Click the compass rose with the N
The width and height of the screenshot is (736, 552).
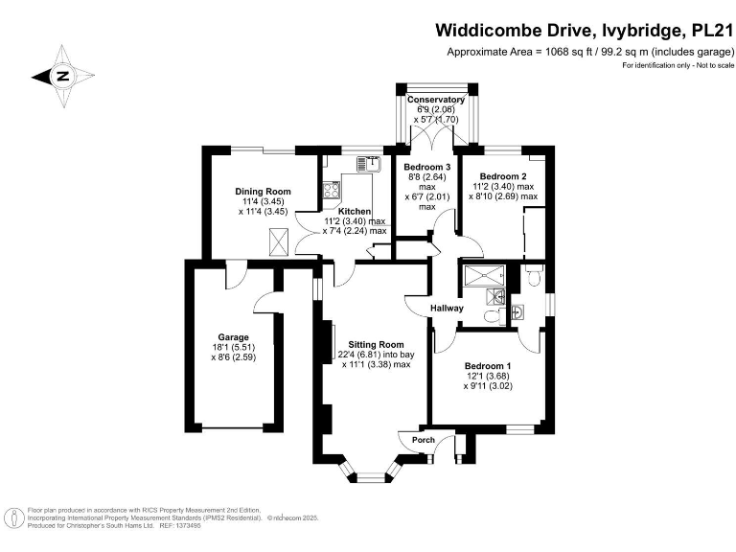[63, 76]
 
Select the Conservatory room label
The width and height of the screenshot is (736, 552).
[436, 100]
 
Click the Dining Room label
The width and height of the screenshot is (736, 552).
[263, 192]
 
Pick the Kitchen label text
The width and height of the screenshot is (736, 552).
[355, 211]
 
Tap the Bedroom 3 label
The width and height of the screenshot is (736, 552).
[426, 167]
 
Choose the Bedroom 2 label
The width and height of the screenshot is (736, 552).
[503, 176]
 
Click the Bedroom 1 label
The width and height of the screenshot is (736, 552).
[488, 367]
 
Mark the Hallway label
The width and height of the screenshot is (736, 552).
[447, 309]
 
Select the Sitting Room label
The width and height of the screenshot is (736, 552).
[369, 344]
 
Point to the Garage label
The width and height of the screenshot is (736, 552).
[233, 337]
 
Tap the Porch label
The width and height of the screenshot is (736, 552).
[423, 440]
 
